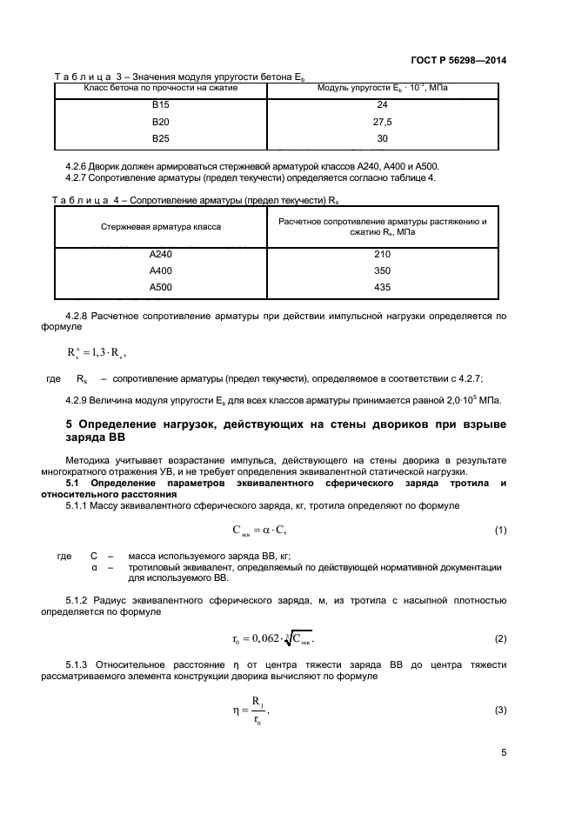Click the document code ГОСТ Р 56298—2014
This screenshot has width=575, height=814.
(458, 61)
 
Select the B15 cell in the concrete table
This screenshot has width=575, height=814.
(160, 106)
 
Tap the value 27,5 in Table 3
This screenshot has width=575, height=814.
(383, 123)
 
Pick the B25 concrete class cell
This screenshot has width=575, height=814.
(160, 138)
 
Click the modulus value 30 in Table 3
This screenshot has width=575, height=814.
(383, 138)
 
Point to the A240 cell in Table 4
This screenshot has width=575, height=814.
(160, 255)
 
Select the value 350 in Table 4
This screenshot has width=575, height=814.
(383, 271)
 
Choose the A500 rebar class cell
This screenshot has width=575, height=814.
(160, 288)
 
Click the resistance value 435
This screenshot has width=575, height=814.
(383, 288)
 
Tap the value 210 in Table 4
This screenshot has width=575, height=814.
(383, 255)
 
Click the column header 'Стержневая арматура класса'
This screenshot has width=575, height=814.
(160, 226)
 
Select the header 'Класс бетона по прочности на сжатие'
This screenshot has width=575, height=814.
(160, 88)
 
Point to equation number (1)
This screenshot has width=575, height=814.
(500, 530)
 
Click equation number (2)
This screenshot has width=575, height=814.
(500, 639)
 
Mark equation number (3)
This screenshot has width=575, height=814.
(500, 711)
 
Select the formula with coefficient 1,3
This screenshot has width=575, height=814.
(97, 353)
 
